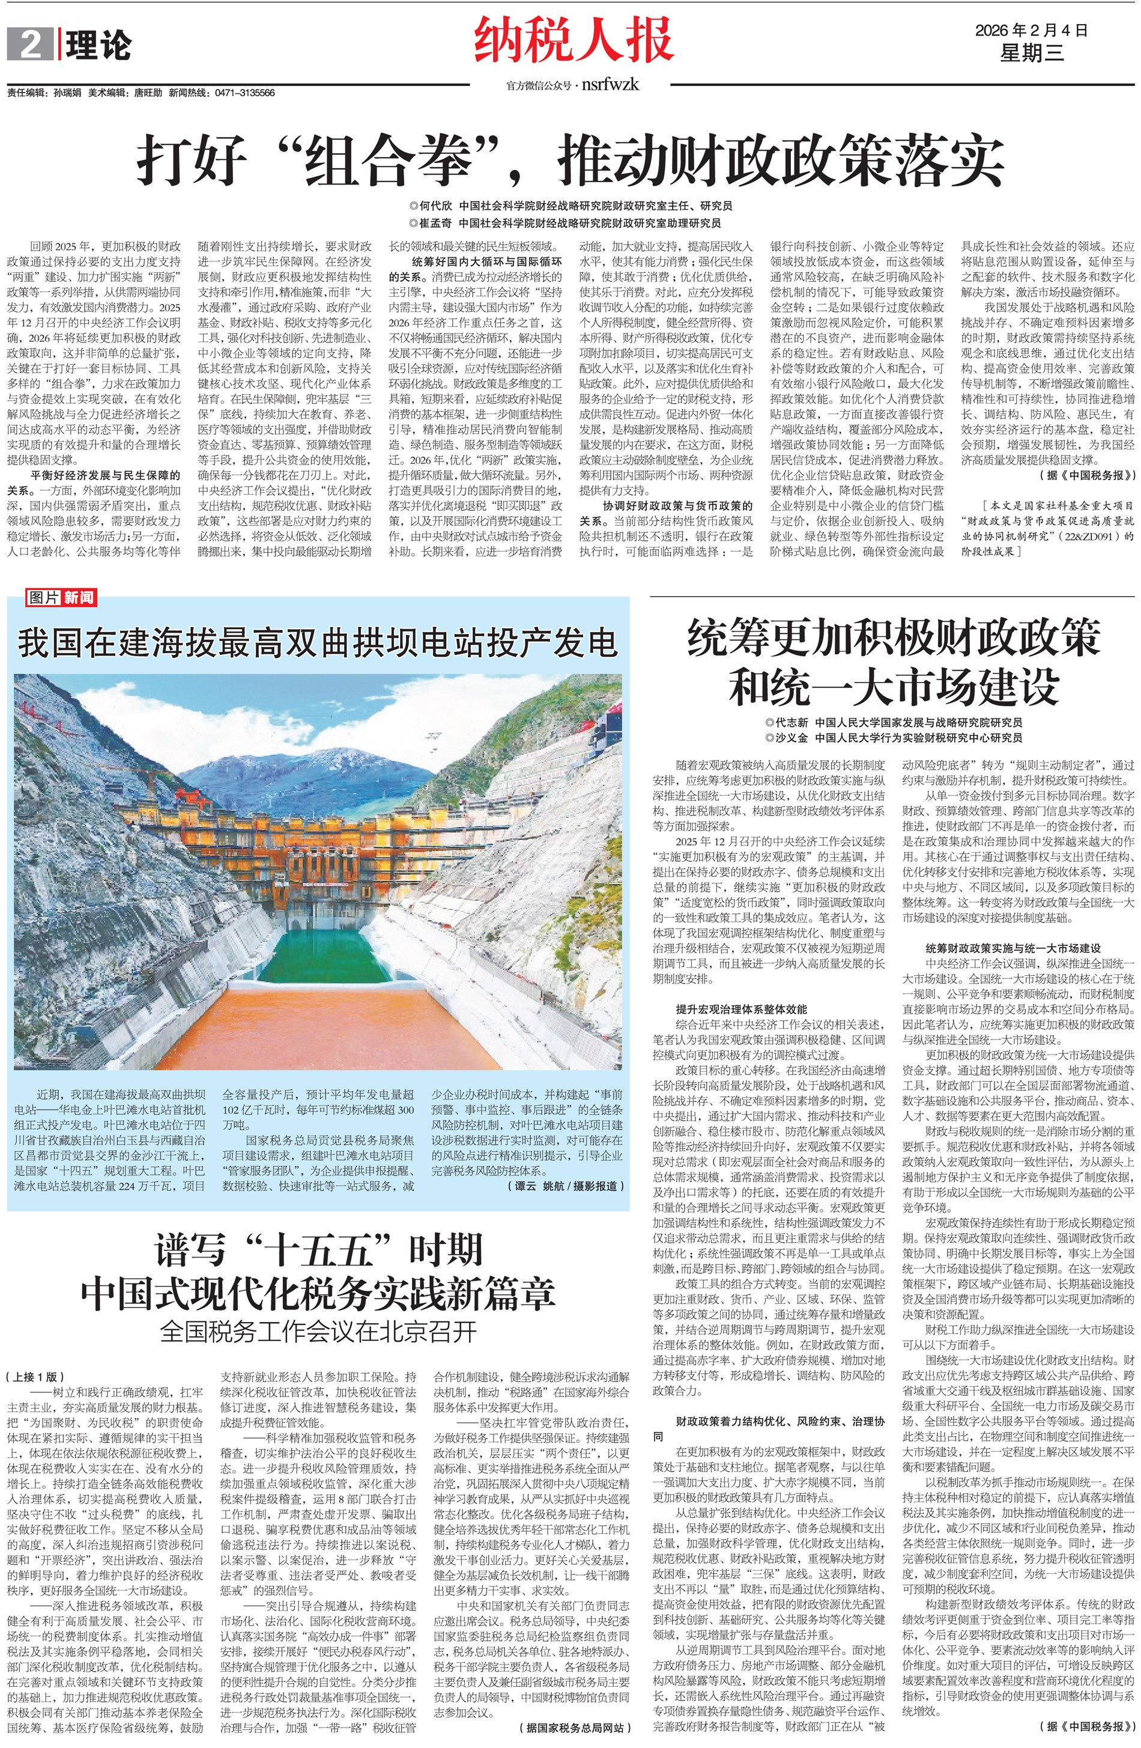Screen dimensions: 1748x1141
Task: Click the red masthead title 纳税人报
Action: tap(574, 41)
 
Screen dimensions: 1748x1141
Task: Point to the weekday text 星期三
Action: tap(1031, 53)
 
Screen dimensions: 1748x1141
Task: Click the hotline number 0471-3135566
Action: tap(244, 93)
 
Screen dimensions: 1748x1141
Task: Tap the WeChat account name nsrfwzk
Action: tap(610, 85)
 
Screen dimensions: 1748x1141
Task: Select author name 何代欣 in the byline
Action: tap(435, 206)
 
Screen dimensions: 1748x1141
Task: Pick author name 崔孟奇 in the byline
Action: tap(435, 222)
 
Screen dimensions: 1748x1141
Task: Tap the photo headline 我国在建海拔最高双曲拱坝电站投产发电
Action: tap(317, 642)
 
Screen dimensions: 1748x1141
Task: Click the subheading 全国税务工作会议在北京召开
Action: tap(318, 1331)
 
